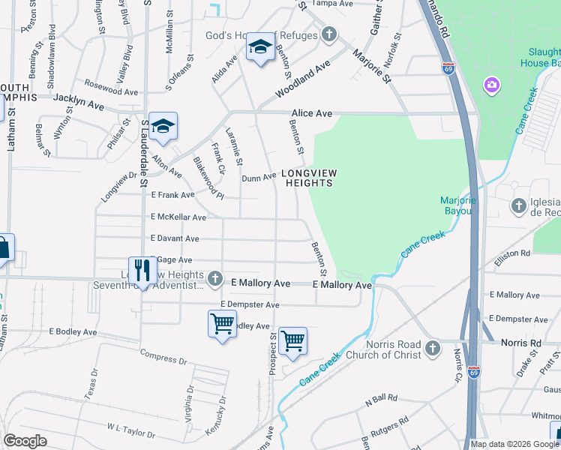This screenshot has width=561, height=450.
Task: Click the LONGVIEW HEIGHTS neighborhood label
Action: click(x=309, y=178)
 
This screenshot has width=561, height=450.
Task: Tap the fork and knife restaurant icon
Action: click(x=140, y=271)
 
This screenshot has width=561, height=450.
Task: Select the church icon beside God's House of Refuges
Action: click(x=328, y=34)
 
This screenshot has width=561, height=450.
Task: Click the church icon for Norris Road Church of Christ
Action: click(x=432, y=348)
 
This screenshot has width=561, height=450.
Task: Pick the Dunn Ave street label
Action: click(x=259, y=178)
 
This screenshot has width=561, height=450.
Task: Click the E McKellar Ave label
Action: click(x=178, y=217)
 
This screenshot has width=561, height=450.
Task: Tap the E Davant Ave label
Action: click(x=175, y=238)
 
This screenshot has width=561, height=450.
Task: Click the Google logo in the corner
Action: click(x=25, y=441)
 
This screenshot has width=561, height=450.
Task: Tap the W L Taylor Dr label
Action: click(x=130, y=430)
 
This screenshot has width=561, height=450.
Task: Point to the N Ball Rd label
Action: click(x=380, y=400)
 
